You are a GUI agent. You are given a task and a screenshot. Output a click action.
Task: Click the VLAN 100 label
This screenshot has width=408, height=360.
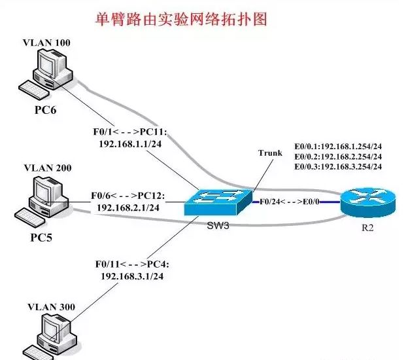(46, 43)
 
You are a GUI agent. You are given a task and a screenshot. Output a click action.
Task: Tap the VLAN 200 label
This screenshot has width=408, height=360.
(46, 168)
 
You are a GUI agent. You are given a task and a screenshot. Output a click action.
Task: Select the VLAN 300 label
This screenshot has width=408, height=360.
(46, 306)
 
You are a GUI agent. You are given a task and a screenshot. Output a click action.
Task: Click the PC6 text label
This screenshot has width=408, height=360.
(45, 109)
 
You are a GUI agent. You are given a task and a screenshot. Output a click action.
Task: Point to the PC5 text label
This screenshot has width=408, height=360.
(44, 230)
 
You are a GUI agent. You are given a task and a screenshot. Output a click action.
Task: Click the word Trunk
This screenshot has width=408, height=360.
(270, 153)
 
